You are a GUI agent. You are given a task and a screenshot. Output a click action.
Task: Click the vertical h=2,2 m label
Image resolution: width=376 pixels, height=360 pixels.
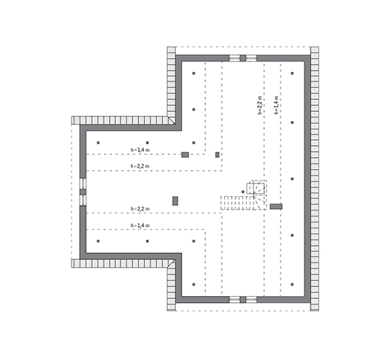259,105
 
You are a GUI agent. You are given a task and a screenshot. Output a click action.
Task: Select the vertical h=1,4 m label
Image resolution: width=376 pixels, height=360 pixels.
276,105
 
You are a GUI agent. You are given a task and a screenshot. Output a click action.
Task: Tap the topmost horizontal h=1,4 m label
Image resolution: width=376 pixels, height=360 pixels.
140,150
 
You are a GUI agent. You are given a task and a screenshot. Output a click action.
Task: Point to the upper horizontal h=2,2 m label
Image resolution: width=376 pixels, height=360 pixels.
140,166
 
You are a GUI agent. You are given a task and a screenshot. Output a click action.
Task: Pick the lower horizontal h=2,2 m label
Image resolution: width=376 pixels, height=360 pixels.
140,209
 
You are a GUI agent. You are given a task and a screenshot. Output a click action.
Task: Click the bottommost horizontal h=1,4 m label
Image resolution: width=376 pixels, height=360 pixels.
140,225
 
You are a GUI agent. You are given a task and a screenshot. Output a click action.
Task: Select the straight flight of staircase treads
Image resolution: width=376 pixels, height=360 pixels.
238,203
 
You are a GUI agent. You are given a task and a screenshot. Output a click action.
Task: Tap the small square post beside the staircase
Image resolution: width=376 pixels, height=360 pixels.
243,192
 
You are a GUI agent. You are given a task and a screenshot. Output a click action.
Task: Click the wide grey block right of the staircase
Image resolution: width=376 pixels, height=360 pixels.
276,207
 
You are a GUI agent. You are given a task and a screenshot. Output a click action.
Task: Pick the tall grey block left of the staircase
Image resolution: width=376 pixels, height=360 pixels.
175,201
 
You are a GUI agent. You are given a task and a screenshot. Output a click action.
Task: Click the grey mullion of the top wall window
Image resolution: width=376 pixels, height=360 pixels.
243,58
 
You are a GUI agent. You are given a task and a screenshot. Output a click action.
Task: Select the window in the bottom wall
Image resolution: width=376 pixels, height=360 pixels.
243,299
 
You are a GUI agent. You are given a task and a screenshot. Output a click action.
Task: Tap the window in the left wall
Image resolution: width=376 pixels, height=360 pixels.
83,192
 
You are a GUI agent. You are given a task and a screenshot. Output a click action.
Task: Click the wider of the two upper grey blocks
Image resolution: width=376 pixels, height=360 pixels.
185,155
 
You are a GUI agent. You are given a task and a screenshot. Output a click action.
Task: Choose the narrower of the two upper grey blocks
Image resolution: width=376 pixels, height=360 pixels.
217,155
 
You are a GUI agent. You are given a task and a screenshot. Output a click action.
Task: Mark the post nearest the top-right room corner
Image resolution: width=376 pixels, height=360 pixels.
293,73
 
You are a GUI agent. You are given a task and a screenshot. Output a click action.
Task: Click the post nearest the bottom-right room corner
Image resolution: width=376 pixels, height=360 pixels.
293,284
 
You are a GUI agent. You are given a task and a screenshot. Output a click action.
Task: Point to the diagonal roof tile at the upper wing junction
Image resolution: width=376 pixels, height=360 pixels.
171,120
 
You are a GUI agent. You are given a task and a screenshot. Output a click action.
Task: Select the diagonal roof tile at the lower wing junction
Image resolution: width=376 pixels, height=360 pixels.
171,264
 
